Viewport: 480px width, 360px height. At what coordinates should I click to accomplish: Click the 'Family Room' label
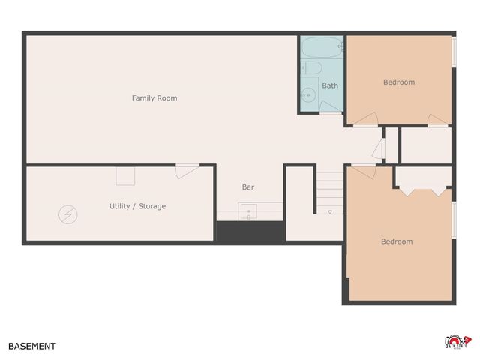click(x=154, y=98)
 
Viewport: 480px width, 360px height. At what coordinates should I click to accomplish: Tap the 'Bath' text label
click(x=330, y=85)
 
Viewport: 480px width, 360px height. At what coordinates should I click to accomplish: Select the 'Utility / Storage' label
click(x=137, y=206)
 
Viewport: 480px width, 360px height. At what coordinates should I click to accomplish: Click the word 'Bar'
click(x=247, y=187)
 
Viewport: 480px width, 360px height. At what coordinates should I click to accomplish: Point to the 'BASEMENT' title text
click(x=32, y=346)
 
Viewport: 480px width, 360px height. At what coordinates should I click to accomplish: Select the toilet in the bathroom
click(x=313, y=69)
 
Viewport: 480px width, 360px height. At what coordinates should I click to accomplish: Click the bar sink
click(x=248, y=212)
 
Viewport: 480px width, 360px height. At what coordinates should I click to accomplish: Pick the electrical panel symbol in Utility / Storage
click(x=67, y=215)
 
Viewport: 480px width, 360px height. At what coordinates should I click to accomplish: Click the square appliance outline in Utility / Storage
click(x=125, y=176)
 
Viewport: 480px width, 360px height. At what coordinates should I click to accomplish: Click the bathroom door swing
click(x=330, y=107)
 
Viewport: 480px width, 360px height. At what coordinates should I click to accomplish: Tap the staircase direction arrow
click(x=329, y=212)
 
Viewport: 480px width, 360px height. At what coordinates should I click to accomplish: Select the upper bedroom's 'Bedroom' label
click(x=399, y=82)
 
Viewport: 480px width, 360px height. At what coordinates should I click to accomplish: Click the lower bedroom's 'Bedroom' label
click(x=397, y=241)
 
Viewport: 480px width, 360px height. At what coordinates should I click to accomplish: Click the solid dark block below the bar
click(x=250, y=232)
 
